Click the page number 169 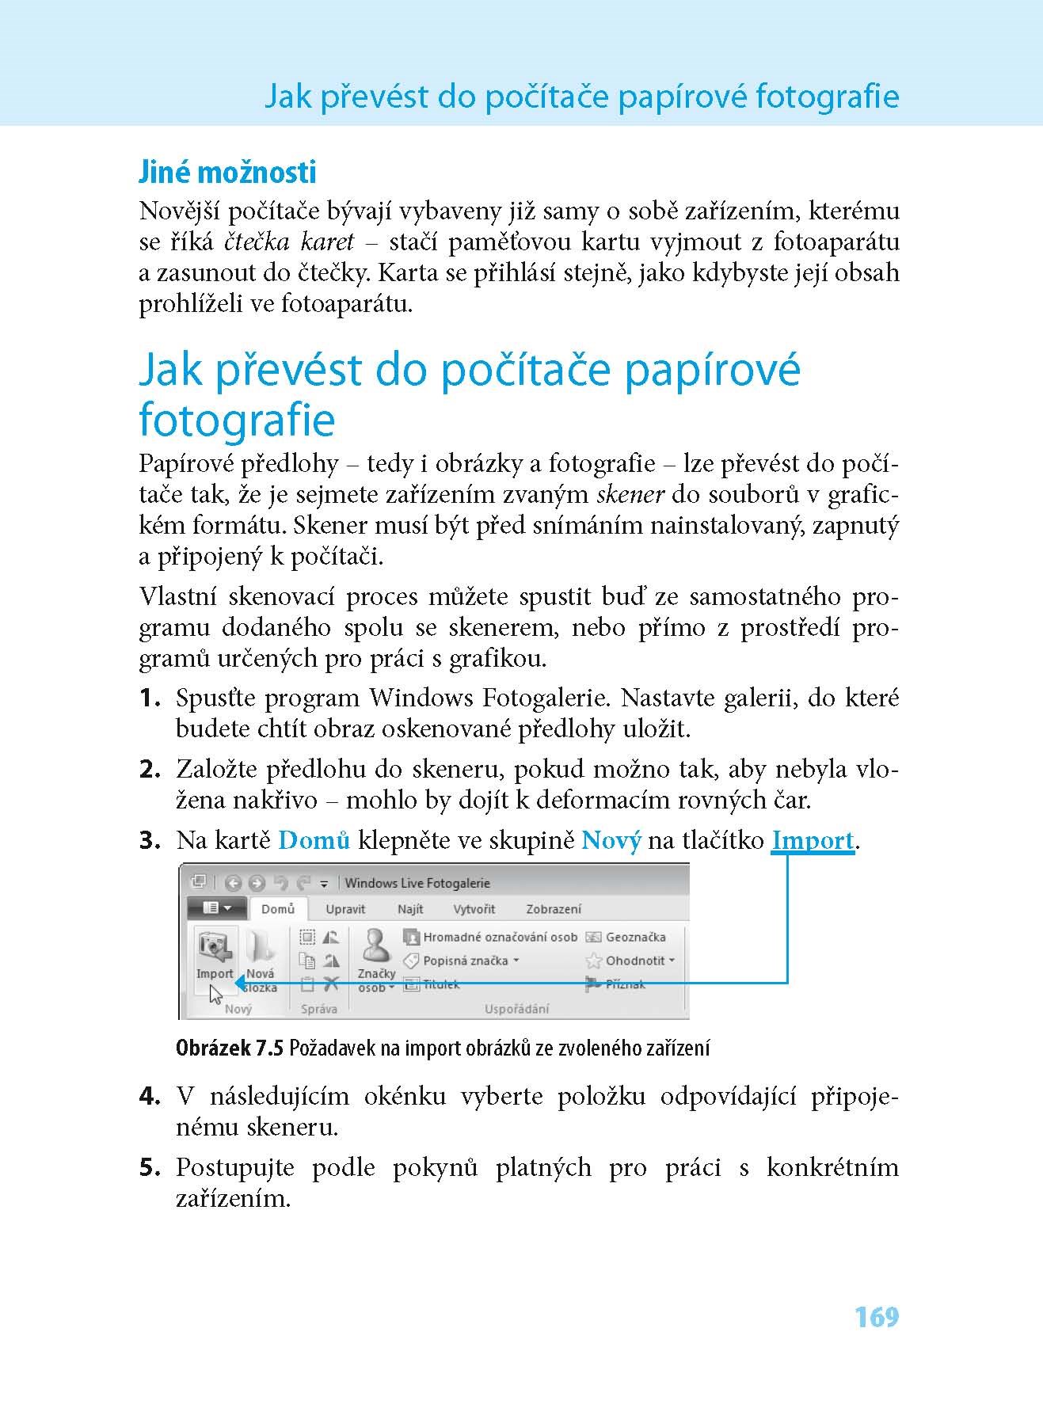point(877,1317)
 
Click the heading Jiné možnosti point(227,172)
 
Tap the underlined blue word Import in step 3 point(813,840)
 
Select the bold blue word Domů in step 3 point(314,840)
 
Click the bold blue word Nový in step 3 point(611,840)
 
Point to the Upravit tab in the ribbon point(345,909)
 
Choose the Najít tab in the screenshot point(410,909)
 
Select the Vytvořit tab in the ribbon point(474,909)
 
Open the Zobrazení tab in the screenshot point(554,909)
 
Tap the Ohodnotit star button point(630,961)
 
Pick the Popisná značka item point(463,961)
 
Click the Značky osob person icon point(375,946)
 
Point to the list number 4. point(150,1097)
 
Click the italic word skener point(630,495)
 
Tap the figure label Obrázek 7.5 point(229,1048)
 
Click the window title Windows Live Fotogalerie point(417,883)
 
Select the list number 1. point(150,698)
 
